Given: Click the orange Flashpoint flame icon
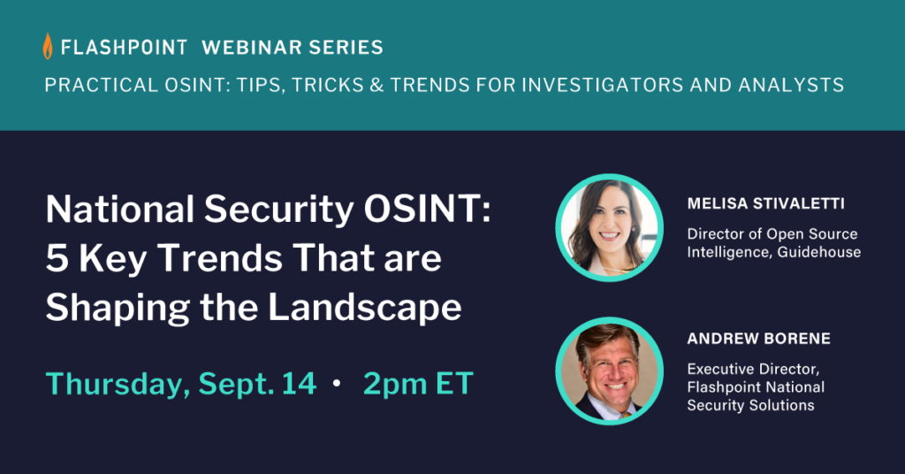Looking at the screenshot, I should pos(48,46).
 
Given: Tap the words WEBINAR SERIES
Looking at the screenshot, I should pos(293,47).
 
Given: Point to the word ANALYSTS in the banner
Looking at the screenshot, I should pos(792,86).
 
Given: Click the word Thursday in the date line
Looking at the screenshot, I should pos(118,383).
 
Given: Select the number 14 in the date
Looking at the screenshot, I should pos(300,383).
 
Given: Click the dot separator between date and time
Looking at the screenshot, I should pos(337,385).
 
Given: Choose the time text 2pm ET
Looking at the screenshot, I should pos(418,383).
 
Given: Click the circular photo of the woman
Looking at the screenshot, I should pos(608,227).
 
